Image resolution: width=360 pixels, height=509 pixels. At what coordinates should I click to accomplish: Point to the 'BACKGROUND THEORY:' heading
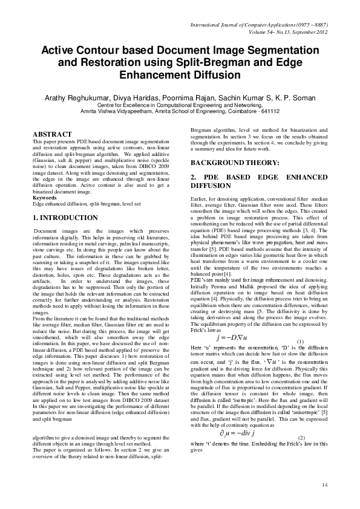[x=235, y=163]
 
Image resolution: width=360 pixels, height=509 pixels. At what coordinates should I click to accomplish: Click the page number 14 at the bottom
[x=324, y=484]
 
